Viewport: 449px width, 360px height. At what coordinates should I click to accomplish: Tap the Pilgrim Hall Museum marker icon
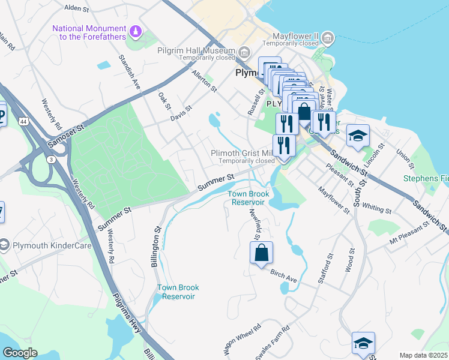[243, 53]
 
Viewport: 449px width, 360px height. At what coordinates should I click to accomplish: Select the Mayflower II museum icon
[328, 39]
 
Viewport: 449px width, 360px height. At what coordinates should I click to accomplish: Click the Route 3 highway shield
[52, 159]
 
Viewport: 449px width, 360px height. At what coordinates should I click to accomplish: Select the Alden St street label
[76, 8]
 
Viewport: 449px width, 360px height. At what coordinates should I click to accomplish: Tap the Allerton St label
[203, 80]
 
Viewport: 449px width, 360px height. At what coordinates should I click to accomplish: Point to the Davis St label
[180, 113]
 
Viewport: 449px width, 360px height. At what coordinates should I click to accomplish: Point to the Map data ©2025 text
[423, 355]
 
